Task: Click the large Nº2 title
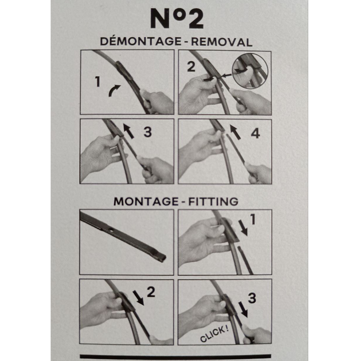click(x=177, y=18)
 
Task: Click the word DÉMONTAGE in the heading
click(x=141, y=41)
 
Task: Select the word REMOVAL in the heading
click(x=222, y=42)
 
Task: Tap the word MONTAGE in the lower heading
click(x=146, y=202)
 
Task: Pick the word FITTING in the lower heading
click(x=213, y=202)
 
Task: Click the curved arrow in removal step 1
click(x=114, y=90)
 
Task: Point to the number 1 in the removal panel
click(x=97, y=82)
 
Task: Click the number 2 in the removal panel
click(x=191, y=67)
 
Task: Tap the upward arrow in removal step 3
click(x=128, y=131)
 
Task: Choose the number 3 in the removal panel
click(x=148, y=132)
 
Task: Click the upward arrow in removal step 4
click(x=235, y=132)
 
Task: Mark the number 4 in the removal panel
click(x=255, y=134)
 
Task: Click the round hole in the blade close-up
click(x=111, y=230)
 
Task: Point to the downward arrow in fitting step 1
click(x=243, y=227)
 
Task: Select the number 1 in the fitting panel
click(x=253, y=219)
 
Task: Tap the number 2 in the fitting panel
click(x=151, y=292)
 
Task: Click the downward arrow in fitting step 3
click(x=243, y=309)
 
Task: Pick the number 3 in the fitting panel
click(x=252, y=298)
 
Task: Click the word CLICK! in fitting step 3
click(x=214, y=334)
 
